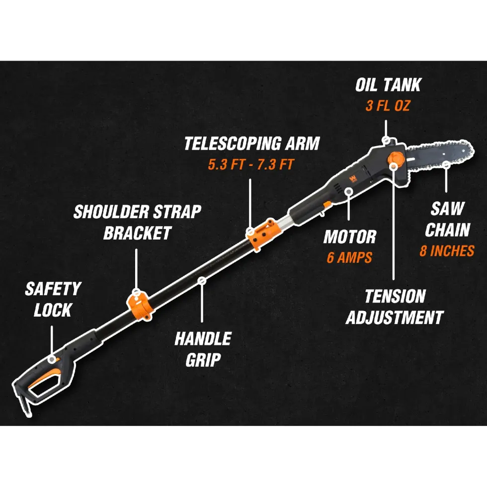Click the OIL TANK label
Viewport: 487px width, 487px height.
coord(388,85)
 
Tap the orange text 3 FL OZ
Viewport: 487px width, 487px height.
coord(388,106)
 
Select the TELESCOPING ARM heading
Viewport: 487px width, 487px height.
coord(252,144)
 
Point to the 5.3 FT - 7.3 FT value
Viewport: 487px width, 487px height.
coord(250,164)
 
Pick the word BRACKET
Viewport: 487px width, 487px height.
coord(137,233)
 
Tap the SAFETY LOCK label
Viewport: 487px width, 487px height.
coord(53,299)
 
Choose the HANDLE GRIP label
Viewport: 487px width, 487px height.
coord(203,349)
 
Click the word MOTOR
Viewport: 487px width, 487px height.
coord(350,237)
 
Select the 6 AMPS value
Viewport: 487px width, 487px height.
coord(349,257)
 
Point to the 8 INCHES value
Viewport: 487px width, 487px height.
coord(447,251)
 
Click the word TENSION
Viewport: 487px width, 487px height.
coord(395,296)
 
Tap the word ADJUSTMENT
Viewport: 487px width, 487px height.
coord(395,318)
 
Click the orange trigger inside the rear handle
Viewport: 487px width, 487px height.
coord(44,377)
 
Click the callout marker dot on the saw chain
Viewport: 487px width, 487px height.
coord(446,165)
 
